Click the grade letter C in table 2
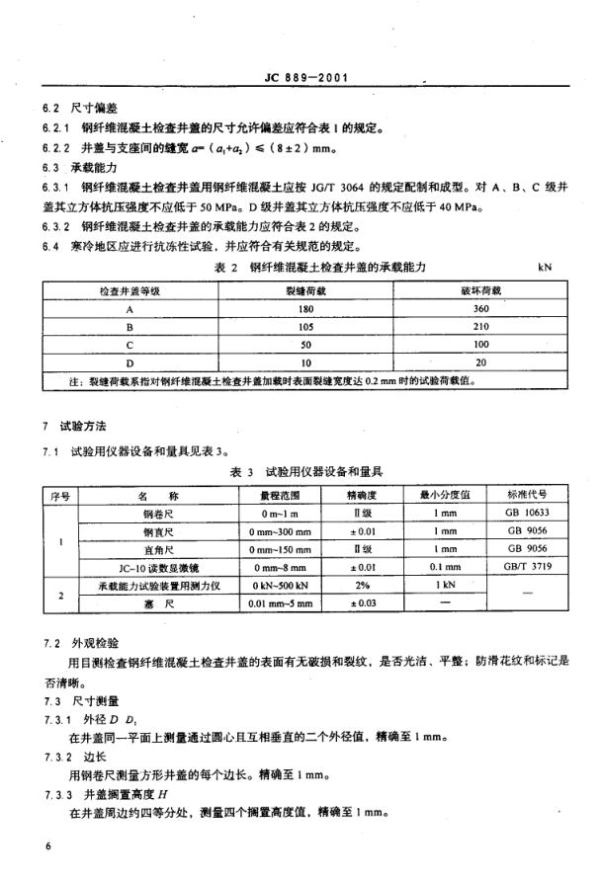[x=129, y=346]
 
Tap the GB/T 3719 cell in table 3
[x=527, y=568]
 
